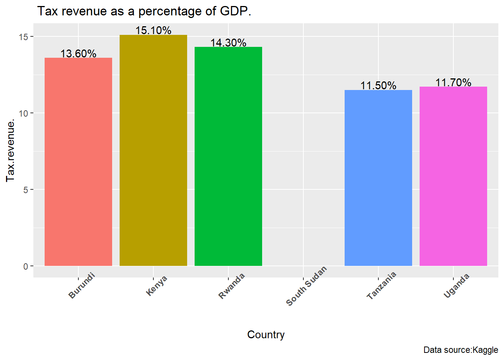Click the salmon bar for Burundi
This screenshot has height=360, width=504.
[78, 162]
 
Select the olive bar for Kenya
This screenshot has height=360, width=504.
[153, 150]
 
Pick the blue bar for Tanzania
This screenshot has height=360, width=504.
[378, 178]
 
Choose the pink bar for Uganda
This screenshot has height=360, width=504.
[453, 176]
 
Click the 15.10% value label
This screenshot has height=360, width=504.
[153, 30]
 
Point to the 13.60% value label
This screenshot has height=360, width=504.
[78, 54]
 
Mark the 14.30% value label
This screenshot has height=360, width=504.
[228, 43]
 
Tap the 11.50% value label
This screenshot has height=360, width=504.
[378, 85]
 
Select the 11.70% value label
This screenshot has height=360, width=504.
[453, 82]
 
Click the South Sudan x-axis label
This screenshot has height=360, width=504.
[306, 286]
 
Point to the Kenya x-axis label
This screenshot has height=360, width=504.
[156, 286]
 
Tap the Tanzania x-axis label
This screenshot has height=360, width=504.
[381, 285]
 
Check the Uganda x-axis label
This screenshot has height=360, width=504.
[456, 286]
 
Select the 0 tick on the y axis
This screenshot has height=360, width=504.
[26, 266]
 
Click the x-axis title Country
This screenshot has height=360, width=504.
[266, 334]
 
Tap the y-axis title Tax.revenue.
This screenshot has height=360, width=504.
[10, 150]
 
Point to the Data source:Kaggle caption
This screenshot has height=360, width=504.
[460, 350]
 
